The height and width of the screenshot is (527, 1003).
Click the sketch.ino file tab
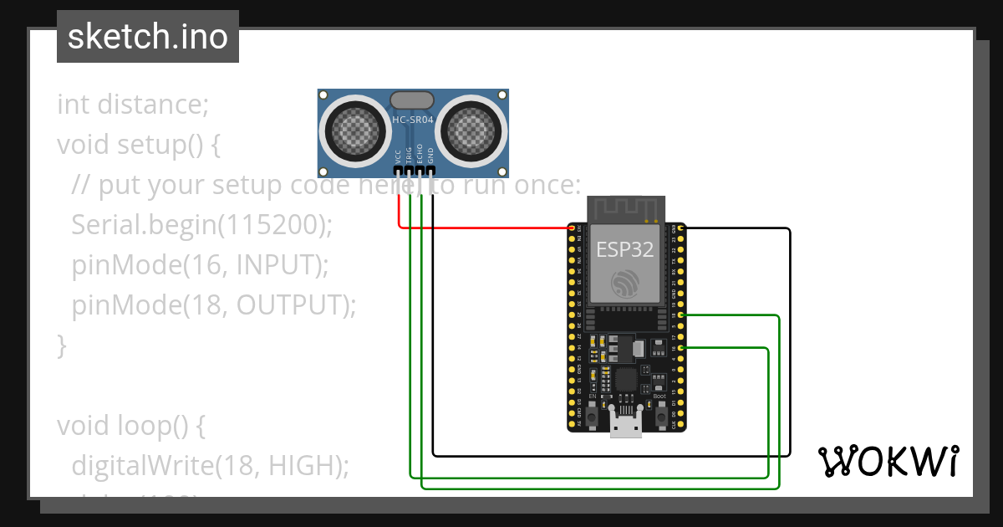148,37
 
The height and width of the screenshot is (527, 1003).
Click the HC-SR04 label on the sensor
414,120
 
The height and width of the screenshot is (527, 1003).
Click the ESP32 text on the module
625,250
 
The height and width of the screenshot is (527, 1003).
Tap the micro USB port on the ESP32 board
626,426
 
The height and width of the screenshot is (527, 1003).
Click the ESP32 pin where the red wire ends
572,228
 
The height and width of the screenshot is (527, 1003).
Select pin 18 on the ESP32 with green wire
682,315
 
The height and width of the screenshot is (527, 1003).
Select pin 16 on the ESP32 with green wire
682,347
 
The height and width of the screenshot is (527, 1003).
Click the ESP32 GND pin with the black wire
682,228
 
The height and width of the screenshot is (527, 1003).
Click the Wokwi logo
888,461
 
